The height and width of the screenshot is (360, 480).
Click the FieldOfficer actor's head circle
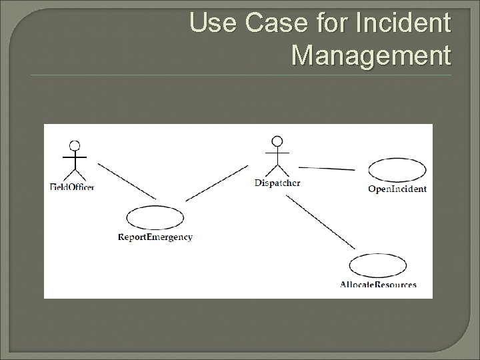click(x=75, y=145)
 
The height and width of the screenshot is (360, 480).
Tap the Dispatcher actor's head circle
click(x=277, y=141)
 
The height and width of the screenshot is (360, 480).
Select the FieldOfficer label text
click(x=72, y=187)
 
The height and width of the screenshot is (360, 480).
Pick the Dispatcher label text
click(x=277, y=183)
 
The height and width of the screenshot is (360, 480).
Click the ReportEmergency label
click(x=155, y=237)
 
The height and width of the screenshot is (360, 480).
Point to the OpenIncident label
click(x=397, y=189)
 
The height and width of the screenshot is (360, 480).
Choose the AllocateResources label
click(x=378, y=285)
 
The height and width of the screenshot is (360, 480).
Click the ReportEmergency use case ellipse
click(x=155, y=217)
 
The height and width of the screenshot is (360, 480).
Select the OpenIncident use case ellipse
click(x=397, y=169)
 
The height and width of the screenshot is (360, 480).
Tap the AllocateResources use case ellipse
click(x=377, y=265)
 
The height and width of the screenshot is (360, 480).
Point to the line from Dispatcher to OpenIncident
click(x=327, y=169)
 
